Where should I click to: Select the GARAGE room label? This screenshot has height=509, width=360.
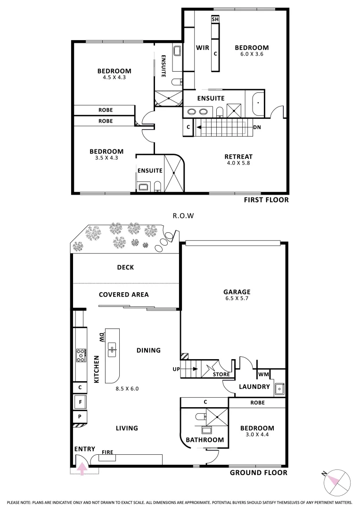(237, 292)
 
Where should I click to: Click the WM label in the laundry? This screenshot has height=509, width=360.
(263, 374)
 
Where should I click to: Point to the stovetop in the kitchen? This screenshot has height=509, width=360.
(81, 355)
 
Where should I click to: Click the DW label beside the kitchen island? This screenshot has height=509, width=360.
(101, 337)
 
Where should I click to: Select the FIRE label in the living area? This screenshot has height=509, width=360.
(107, 452)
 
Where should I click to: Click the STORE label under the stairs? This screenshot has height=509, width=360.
(221, 374)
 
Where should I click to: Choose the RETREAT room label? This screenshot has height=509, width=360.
(238, 157)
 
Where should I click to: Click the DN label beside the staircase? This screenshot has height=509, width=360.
(257, 127)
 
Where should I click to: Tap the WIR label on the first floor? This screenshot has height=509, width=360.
(203, 48)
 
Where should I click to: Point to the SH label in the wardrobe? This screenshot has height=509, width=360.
(215, 19)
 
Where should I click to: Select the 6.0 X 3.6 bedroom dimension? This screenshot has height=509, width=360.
(252, 54)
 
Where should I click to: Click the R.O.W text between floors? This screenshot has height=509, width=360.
(183, 215)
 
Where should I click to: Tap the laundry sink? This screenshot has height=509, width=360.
(279, 388)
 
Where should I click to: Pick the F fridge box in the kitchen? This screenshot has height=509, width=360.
(80, 402)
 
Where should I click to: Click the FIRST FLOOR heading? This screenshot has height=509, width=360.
(266, 200)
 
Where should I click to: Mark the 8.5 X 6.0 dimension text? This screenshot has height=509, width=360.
(127, 388)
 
